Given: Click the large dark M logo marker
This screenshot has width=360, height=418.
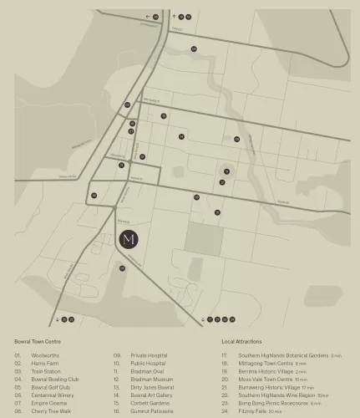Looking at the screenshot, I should tap(129, 239).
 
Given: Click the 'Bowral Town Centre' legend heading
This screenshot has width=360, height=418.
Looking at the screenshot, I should tap(38, 341).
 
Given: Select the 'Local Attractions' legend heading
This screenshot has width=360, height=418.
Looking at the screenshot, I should tap(241, 341).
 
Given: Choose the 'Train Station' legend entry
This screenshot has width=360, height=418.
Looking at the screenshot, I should tap(45, 372).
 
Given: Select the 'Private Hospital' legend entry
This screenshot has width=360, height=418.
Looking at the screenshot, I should tap(149, 356).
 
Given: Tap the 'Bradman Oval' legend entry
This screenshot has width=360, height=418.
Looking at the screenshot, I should tap(147, 372).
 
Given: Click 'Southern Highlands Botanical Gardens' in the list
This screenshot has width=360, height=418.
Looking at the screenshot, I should tap(283, 356).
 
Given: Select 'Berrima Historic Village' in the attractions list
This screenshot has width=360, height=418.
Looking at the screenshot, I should tap(266, 372).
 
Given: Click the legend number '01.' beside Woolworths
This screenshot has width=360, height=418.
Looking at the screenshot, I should tap(18, 356).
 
